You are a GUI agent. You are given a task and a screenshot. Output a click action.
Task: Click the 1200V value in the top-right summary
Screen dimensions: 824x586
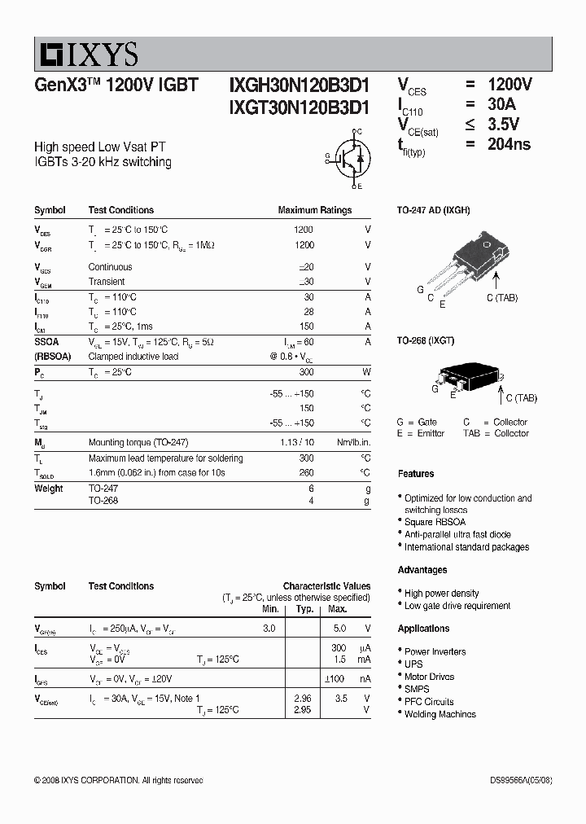(509, 85)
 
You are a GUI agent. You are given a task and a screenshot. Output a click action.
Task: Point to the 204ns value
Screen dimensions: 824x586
(509, 144)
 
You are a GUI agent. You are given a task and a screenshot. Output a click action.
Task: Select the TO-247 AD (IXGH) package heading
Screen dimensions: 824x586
(433, 210)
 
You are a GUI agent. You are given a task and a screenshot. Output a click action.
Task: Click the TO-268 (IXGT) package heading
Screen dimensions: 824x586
(425, 340)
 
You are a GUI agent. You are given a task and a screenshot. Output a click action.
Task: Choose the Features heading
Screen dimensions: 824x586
(416, 474)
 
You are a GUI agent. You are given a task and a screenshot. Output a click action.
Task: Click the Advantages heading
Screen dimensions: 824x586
(422, 570)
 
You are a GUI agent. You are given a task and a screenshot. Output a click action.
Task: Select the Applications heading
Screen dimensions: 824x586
(423, 629)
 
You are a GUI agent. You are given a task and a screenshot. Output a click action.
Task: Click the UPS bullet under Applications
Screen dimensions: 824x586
(413, 664)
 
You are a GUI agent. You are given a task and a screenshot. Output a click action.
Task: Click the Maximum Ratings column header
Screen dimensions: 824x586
(315, 210)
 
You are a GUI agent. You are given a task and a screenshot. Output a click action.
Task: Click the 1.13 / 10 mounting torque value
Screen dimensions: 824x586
(295, 442)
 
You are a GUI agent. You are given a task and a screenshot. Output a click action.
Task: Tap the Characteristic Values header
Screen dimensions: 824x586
(326, 586)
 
